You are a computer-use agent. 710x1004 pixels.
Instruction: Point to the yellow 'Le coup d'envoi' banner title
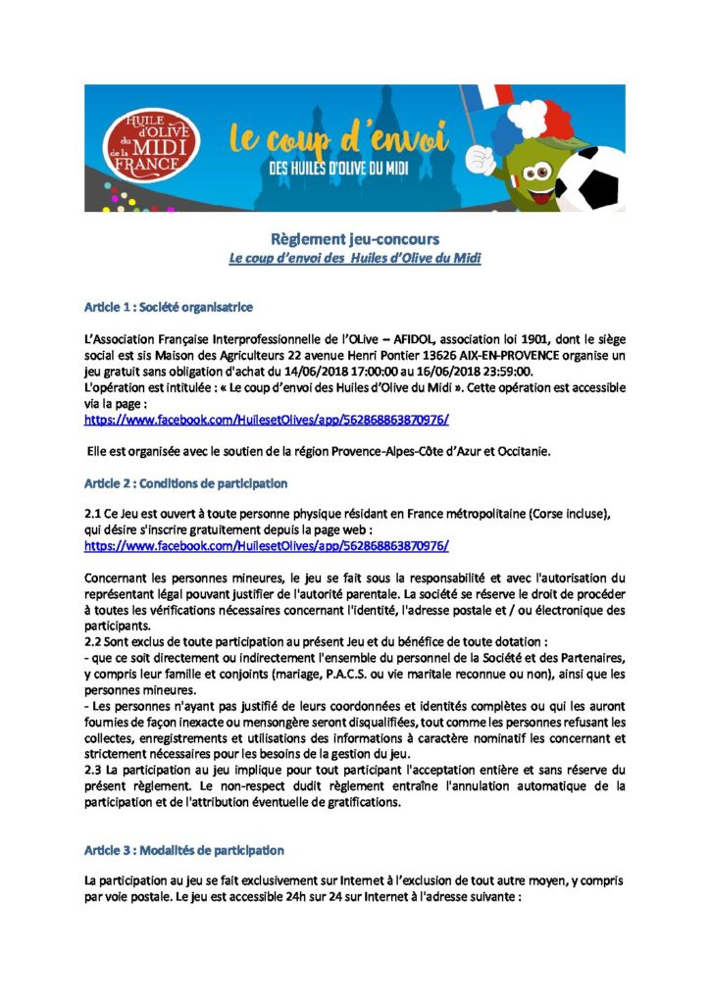(338, 136)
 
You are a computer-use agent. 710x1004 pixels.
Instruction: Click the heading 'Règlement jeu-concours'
(355, 239)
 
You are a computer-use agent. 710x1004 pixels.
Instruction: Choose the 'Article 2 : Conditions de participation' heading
(185, 483)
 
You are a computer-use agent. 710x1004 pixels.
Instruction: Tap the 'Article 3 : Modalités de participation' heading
(184, 849)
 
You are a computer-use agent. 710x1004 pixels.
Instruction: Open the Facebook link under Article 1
(267, 420)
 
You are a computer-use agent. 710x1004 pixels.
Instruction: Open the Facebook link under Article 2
(267, 545)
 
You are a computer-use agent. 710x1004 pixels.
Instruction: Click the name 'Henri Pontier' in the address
(373, 355)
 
